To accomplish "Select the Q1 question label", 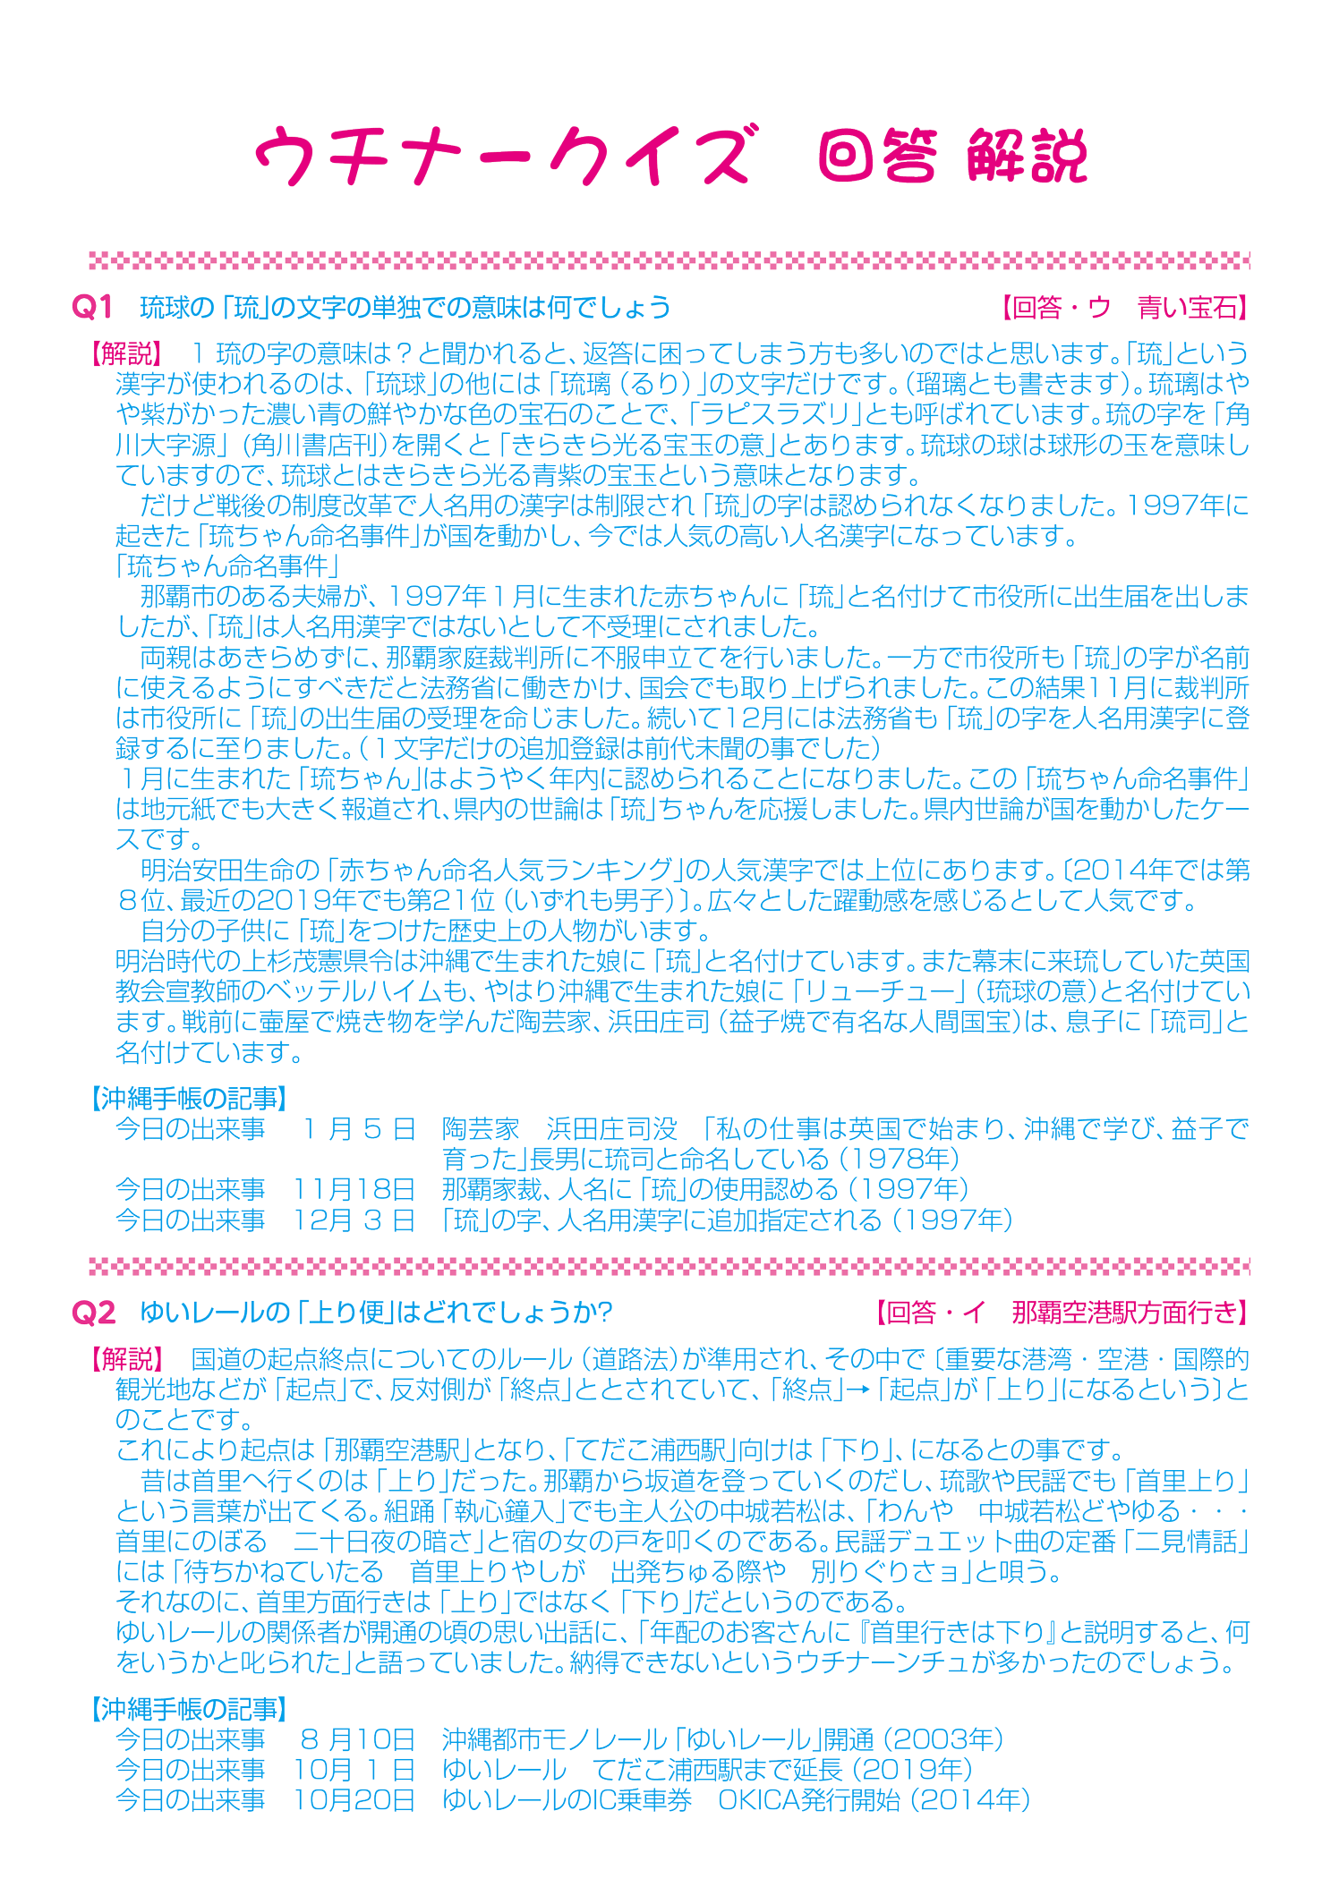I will coord(92,309).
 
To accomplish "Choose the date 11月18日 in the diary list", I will coord(354,1189).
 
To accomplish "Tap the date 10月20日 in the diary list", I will coord(354,1800).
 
